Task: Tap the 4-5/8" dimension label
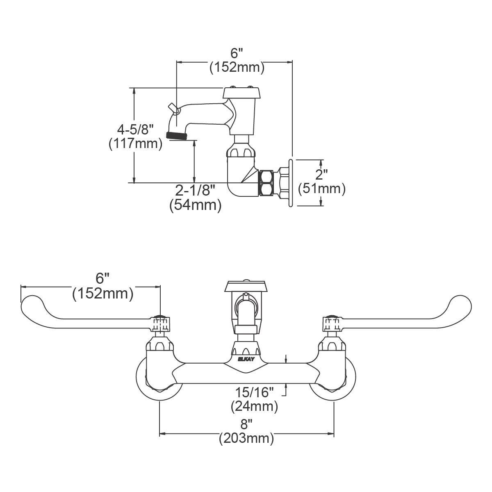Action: (x=135, y=130)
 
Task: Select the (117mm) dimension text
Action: (x=136, y=144)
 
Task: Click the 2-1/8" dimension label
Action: (x=195, y=190)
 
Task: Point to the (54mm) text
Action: (x=196, y=205)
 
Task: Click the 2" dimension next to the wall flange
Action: (x=321, y=175)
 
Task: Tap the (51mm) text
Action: (x=322, y=189)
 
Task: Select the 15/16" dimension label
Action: (x=254, y=392)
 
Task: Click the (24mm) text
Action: (x=254, y=406)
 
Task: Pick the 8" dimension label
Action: (x=246, y=424)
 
